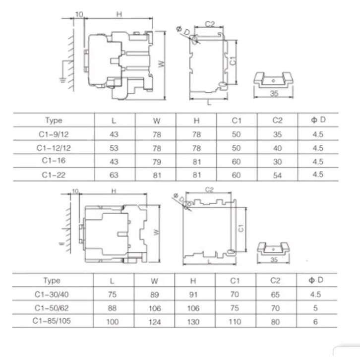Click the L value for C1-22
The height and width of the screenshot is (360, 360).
(x=114, y=175)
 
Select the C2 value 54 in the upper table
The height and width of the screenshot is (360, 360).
(x=277, y=176)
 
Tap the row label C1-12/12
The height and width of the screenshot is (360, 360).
(x=54, y=148)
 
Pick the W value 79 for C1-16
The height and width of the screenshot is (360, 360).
(x=157, y=162)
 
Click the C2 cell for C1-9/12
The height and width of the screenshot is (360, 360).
(x=277, y=134)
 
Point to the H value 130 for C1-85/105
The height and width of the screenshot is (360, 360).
(x=193, y=322)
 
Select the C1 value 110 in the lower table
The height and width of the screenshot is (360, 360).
(x=235, y=322)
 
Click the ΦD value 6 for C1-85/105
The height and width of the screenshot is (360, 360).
(x=315, y=322)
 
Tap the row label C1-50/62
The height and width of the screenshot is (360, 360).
(x=52, y=308)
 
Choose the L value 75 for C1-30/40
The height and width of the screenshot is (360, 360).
(x=112, y=295)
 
